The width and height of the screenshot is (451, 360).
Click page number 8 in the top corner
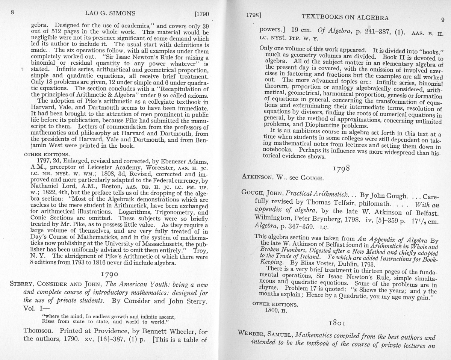(x=12, y=12)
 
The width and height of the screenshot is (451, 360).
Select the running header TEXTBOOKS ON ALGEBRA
(x=345, y=17)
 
